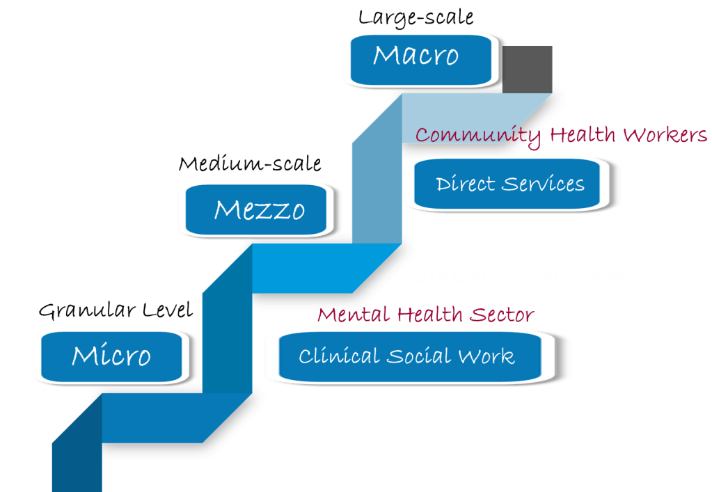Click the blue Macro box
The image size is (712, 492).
418,56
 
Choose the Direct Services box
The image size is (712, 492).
510,184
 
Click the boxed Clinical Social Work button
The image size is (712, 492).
407,356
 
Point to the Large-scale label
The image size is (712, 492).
416,17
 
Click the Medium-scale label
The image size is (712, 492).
250,164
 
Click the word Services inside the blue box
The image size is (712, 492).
544,184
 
